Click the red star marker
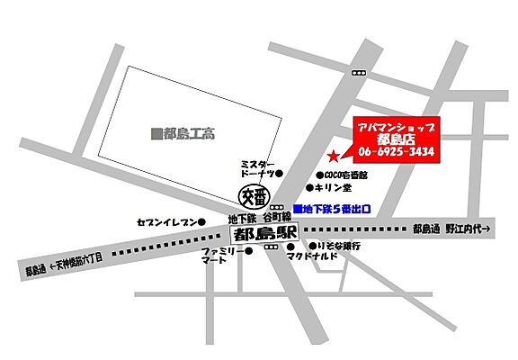click(x=335, y=155)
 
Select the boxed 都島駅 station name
click(x=258, y=233)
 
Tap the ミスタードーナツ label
click(x=256, y=168)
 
